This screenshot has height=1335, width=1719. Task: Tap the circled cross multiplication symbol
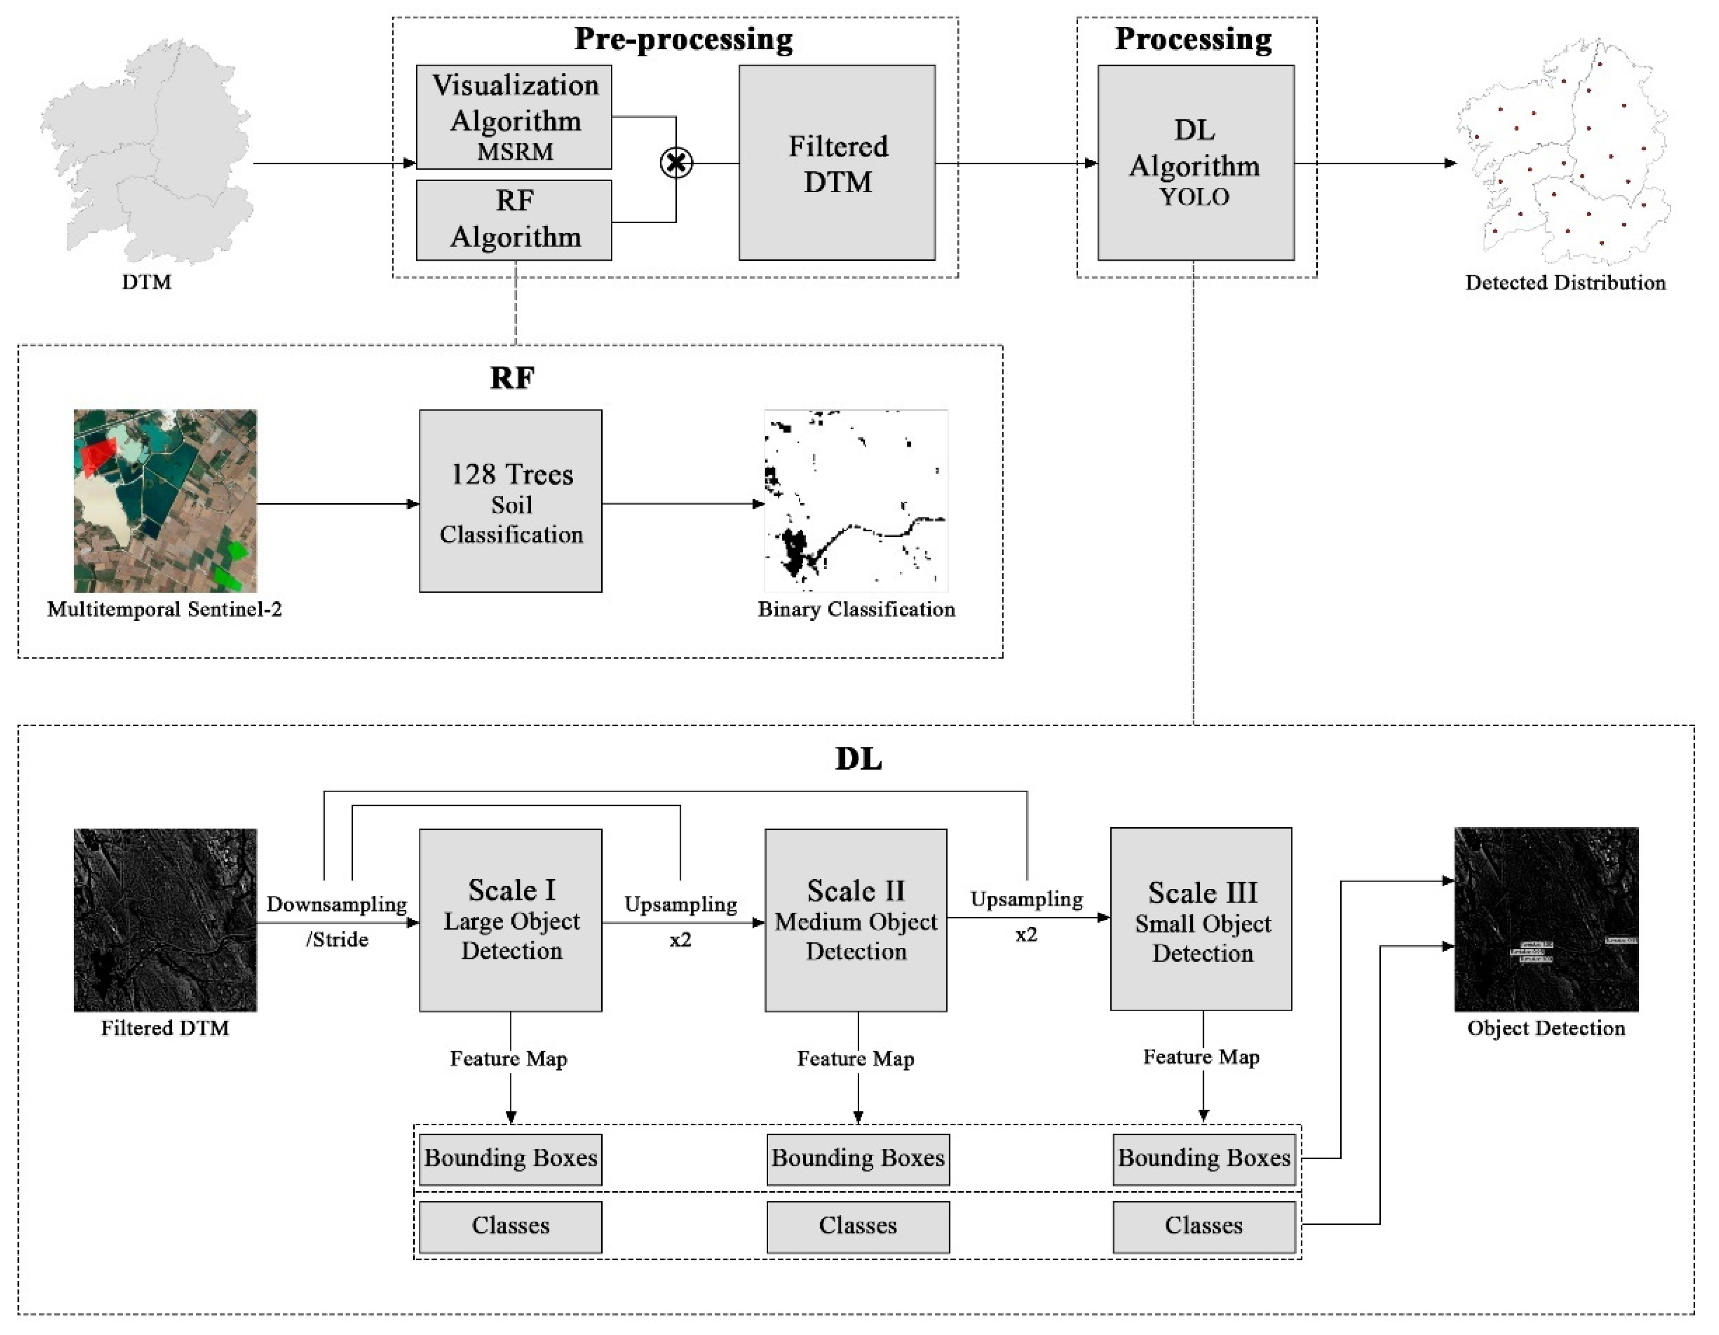click(676, 163)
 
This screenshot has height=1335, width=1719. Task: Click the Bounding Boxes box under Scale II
click(858, 1159)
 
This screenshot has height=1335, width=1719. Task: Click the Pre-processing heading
click(683, 39)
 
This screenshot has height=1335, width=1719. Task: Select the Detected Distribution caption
click(1565, 282)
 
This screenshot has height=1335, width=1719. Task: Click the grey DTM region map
click(147, 150)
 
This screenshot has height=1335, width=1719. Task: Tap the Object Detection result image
click(1546, 919)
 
